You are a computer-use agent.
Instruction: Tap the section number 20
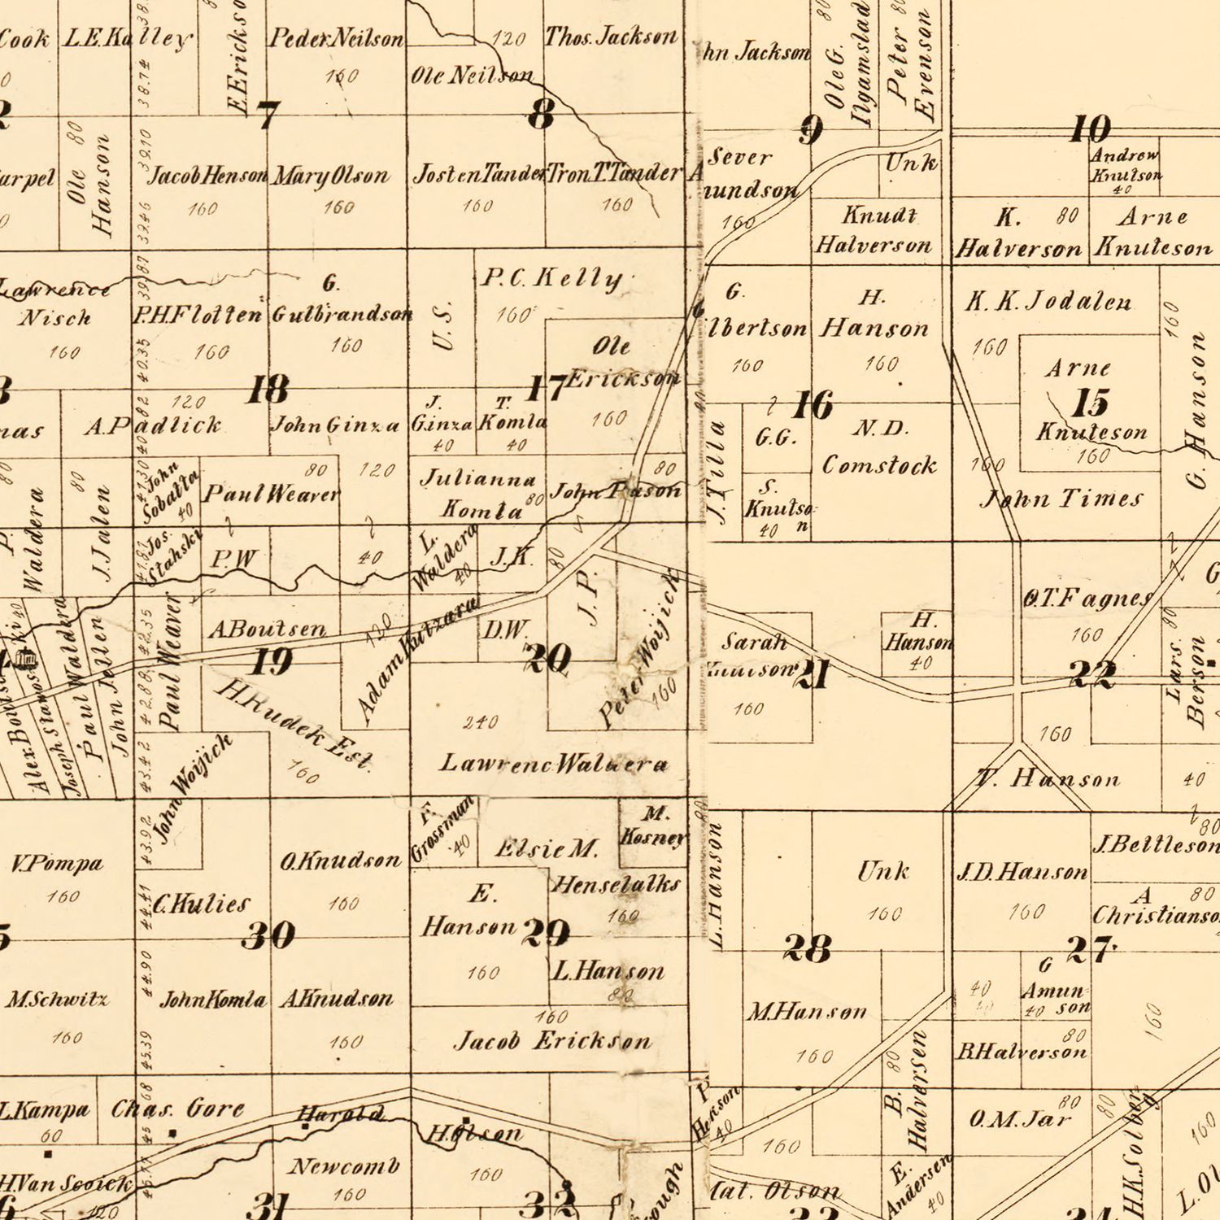547,658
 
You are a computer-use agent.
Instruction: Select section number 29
546,933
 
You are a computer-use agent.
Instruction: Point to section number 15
1090,403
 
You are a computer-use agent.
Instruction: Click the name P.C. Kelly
552,279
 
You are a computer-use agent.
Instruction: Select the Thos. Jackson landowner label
611,37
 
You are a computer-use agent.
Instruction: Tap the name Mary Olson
330,176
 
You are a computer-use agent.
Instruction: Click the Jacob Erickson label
552,1041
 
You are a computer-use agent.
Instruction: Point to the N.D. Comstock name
879,447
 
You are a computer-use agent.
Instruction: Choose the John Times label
1061,498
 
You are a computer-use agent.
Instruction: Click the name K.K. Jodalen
1048,302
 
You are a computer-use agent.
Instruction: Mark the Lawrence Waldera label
554,764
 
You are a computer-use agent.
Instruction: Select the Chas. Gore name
177,1109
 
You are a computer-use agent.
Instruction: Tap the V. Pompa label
57,863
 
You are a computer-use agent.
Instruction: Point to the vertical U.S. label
442,327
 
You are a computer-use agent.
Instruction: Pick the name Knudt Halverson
874,230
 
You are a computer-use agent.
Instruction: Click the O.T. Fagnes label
1088,599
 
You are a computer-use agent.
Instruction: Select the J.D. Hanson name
1022,873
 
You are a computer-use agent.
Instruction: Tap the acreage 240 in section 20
480,722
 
